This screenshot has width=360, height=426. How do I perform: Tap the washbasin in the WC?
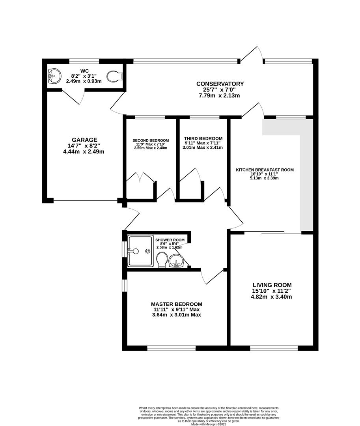pyautogui.click(x=54, y=75)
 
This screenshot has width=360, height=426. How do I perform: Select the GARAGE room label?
pyautogui.click(x=84, y=140)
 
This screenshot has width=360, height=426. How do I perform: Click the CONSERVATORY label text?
pyautogui.click(x=220, y=84)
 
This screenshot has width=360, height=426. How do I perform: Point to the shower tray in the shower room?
pyautogui.click(x=140, y=251)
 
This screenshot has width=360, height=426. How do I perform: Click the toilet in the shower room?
pyautogui.click(x=162, y=260)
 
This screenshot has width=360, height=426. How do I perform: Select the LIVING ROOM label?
pyautogui.click(x=272, y=285)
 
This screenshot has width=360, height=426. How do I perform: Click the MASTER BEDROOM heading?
pyautogui.click(x=177, y=304)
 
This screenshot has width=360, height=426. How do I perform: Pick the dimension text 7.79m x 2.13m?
pyautogui.click(x=219, y=95)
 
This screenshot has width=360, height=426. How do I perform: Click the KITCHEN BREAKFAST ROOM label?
pyautogui.click(x=265, y=170)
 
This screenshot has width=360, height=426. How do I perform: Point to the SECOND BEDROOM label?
pyautogui.click(x=151, y=140)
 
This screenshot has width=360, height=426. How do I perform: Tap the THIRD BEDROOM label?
pyautogui.click(x=203, y=138)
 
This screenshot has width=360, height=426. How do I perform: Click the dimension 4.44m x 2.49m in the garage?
pyautogui.click(x=84, y=151)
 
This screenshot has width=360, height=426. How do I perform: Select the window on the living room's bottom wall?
pyautogui.click(x=274, y=348)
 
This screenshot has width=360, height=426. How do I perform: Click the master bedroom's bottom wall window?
pyautogui.click(x=171, y=348)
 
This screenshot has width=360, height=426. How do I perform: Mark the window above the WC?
pyautogui.click(x=84, y=61)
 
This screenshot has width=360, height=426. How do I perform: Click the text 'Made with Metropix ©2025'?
pyautogui.click(x=209, y=424)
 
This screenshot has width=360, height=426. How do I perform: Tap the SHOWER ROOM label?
pyautogui.click(x=170, y=240)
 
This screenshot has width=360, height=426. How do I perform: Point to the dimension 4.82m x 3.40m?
pyautogui.click(x=272, y=297)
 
